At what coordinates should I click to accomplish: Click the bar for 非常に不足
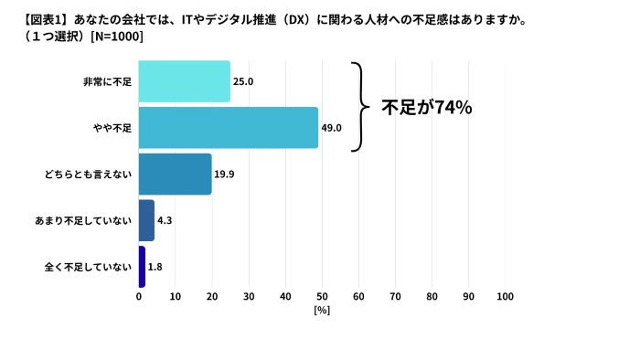[185, 81]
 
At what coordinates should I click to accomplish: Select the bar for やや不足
[229, 128]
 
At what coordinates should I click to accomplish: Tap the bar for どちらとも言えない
[176, 174]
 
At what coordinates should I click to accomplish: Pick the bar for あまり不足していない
[146, 220]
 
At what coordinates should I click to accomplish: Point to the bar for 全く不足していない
[142, 267]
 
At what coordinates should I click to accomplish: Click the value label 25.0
[243, 81]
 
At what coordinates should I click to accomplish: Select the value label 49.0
[331, 128]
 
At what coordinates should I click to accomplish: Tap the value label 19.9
[225, 174]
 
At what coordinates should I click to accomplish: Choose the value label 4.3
[165, 220]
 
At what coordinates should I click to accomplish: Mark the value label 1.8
[155, 267]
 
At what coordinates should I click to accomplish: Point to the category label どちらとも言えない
[94, 174]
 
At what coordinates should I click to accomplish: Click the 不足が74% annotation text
[426, 108]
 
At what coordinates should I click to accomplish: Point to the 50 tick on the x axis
[322, 296]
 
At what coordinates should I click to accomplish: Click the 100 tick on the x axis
[505, 296]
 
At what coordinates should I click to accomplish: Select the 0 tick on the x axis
[139, 296]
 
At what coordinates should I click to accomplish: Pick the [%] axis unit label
[322, 311]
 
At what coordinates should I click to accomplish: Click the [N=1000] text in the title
[113, 37]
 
